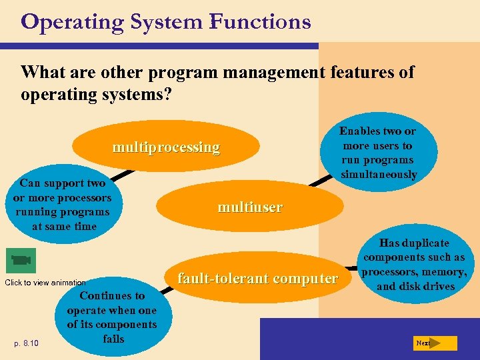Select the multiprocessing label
coord(166,147)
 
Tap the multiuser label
coord(250,207)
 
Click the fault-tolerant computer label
coord(257,279)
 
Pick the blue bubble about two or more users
coord(379,153)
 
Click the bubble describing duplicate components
coord(414,265)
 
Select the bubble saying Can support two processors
coord(62,204)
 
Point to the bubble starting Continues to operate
coord(112,317)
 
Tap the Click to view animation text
coord(45,283)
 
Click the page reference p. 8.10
coord(27,343)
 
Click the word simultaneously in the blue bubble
coord(379,175)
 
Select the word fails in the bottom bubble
coord(113,339)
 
